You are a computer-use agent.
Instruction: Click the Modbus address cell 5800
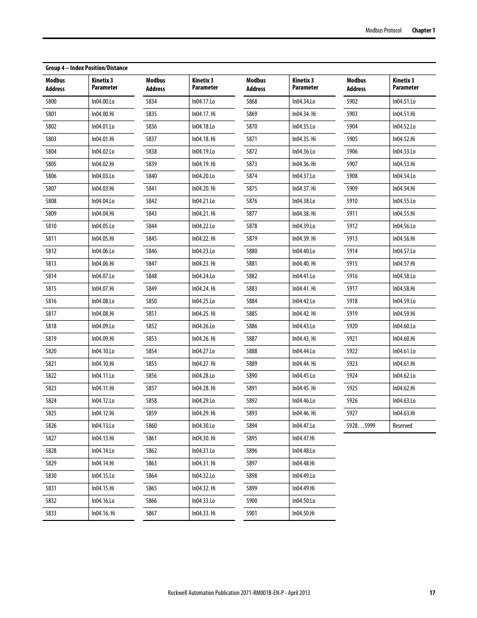click(x=51, y=102)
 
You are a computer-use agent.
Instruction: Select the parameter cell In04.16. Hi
click(x=103, y=513)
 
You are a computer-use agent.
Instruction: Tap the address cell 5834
click(x=151, y=102)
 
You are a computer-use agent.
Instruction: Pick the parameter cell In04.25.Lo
click(x=203, y=301)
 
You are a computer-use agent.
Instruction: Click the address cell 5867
click(x=151, y=513)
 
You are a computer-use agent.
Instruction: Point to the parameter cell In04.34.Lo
click(x=303, y=102)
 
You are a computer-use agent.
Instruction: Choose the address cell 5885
click(x=251, y=314)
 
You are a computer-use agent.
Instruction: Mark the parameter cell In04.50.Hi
click(x=303, y=513)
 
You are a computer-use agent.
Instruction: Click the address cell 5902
click(x=352, y=102)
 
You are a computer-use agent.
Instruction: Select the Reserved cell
click(x=402, y=426)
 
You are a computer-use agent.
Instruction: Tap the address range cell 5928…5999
click(x=360, y=426)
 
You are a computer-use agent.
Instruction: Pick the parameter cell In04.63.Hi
click(x=403, y=413)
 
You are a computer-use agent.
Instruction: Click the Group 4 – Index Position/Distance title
click(x=86, y=68)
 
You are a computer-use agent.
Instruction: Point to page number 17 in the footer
click(x=432, y=593)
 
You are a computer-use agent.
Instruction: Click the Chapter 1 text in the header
click(x=423, y=31)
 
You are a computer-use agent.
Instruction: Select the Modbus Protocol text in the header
click(x=383, y=31)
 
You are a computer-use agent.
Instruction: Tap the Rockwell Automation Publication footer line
click(x=238, y=593)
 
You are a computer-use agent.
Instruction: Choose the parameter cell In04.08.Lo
click(x=103, y=301)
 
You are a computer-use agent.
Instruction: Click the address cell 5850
click(x=151, y=301)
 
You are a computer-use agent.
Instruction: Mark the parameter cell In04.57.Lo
click(x=404, y=251)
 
